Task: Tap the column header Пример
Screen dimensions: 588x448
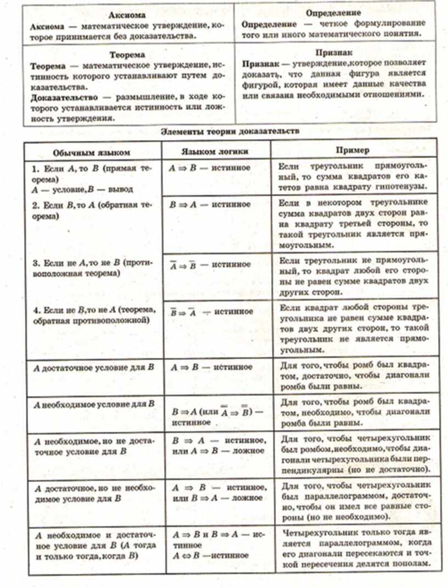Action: tap(352, 150)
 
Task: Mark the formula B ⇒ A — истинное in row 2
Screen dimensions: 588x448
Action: tap(210, 204)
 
